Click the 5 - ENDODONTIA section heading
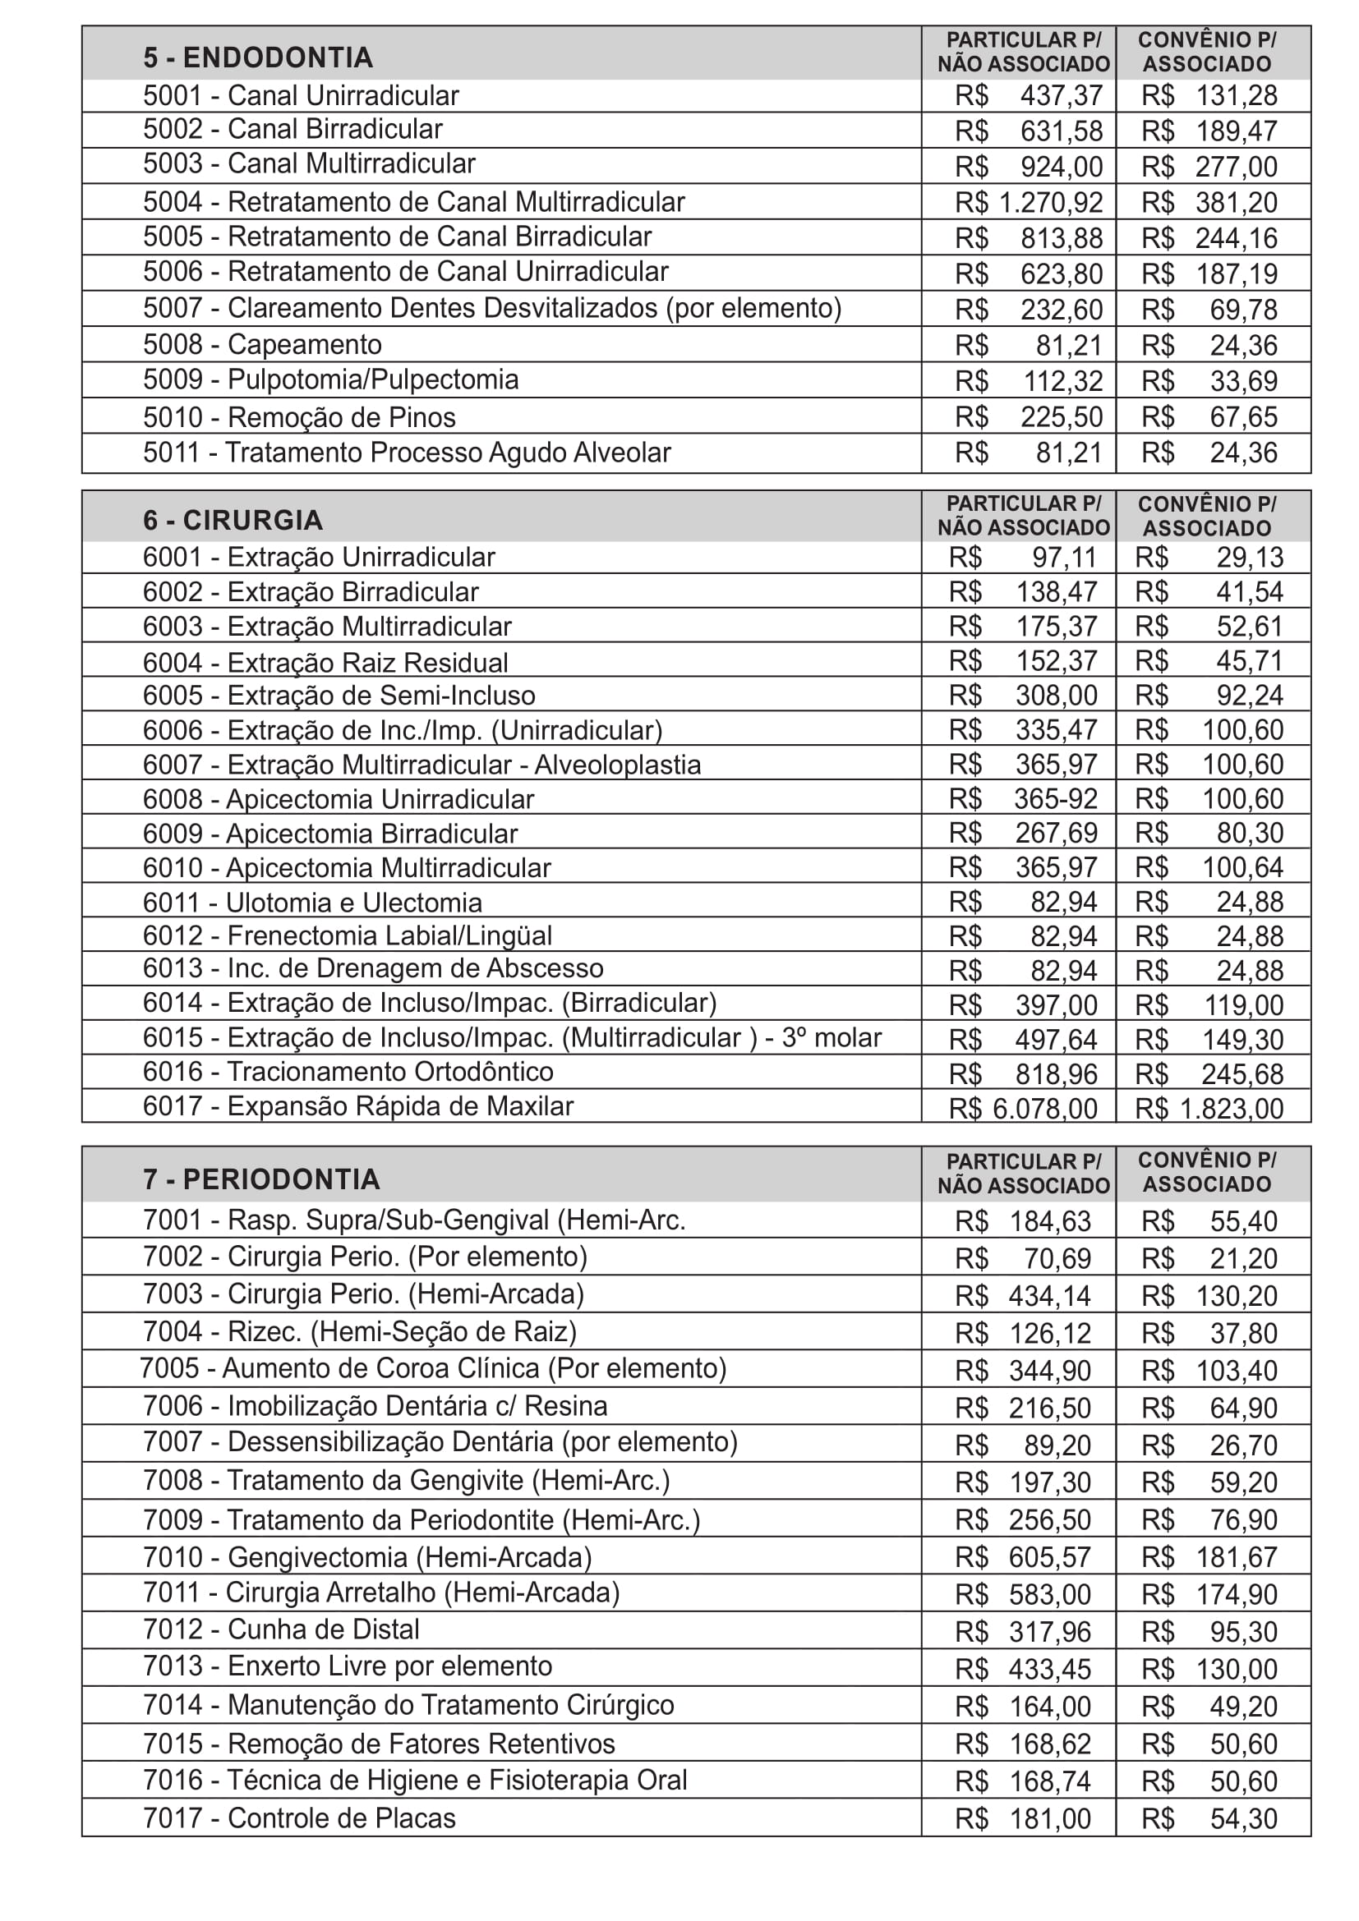(258, 57)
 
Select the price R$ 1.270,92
(1029, 203)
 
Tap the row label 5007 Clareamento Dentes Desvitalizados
(492, 309)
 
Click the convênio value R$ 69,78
(1209, 310)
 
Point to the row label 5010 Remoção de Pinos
(300, 416)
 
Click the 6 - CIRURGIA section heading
(233, 521)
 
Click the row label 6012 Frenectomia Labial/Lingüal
(348, 935)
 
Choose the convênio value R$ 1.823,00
(1209, 1109)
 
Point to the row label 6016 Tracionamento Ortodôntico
(348, 1072)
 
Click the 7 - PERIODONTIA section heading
(261, 1179)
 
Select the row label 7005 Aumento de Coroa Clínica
(433, 1369)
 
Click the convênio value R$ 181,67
(1209, 1557)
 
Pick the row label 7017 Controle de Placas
(300, 1818)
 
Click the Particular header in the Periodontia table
(1024, 1173)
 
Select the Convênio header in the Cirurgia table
(1207, 517)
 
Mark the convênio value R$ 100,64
(1209, 867)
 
